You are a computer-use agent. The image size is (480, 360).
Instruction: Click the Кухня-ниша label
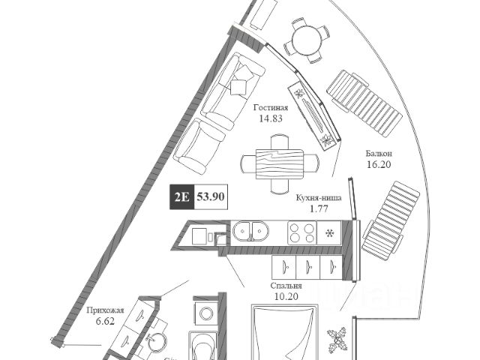pos(319,199)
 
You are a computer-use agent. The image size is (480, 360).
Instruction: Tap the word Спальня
pos(286,286)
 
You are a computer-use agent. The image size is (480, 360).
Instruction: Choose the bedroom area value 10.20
pos(286,297)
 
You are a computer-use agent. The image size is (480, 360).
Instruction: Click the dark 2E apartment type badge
pos(181,198)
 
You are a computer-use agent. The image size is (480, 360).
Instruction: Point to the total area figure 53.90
pos(211,198)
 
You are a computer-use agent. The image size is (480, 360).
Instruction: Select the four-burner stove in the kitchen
pos(301,232)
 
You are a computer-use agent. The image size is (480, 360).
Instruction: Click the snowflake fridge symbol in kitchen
pos(328,232)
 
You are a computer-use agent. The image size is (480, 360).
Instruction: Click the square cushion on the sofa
pos(241,85)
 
